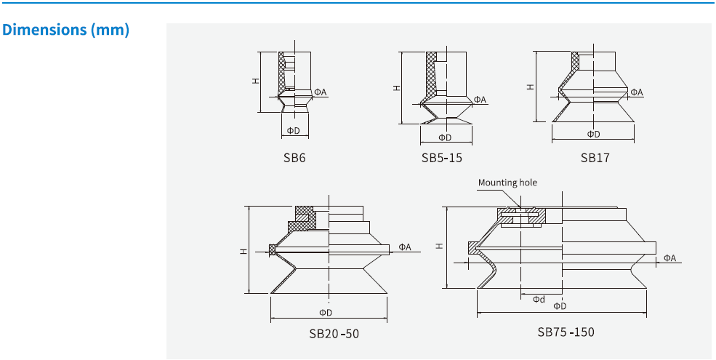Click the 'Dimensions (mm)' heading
tap(66, 31)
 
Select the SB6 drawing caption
tap(294, 157)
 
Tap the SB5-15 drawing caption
tap(441, 157)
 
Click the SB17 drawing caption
tap(595, 157)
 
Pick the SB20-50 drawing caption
tap(334, 334)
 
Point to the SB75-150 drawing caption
tap(566, 332)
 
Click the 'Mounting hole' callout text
tap(507, 183)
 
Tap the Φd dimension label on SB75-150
tap(539, 299)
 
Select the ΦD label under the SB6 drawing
tap(293, 131)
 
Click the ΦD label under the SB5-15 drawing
tap(445, 137)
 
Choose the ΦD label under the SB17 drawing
tap(594, 134)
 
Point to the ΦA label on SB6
tap(321, 92)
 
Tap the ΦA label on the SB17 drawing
tap(637, 92)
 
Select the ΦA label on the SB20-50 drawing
tap(405, 247)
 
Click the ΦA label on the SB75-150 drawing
tap(669, 258)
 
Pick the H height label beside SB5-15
tap(396, 88)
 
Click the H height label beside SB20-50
tap(244, 250)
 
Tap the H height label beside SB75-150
tap(439, 246)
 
